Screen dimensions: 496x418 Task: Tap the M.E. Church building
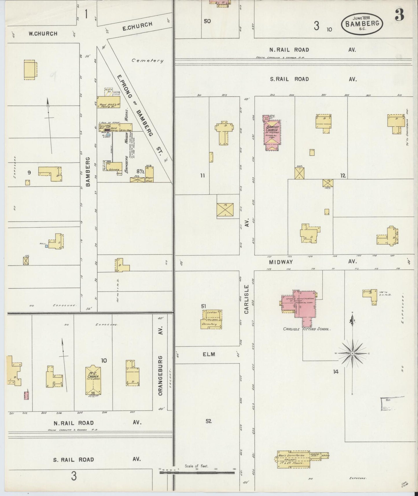tap(93, 380)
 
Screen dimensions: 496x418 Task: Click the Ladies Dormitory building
tap(211, 319)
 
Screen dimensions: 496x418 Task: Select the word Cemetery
tap(148, 60)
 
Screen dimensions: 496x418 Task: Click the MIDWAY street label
tap(281, 262)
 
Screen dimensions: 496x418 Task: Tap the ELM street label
tap(209, 354)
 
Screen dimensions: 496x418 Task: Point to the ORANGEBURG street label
tap(161, 375)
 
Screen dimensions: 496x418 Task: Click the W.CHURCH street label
tap(43, 34)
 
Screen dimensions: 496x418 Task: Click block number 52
tap(209, 421)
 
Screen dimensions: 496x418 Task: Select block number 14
tap(335, 372)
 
